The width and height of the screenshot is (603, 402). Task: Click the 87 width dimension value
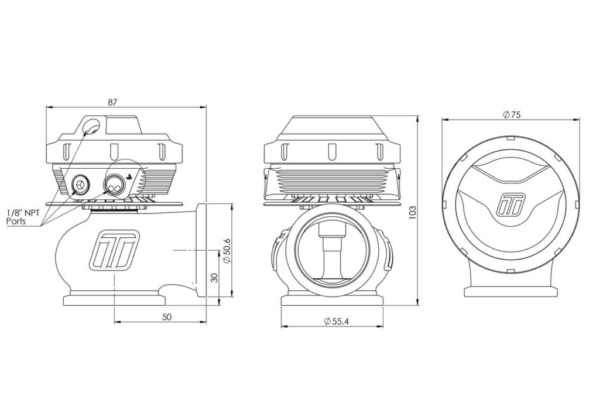(x=112, y=103)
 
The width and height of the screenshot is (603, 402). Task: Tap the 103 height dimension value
(x=413, y=213)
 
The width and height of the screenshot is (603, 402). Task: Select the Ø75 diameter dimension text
(x=512, y=114)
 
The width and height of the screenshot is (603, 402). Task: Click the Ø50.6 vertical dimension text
(x=227, y=251)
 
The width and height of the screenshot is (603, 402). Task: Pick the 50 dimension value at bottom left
(x=166, y=317)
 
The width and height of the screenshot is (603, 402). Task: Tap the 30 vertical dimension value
(x=215, y=278)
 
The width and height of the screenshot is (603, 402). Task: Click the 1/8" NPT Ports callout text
(x=23, y=217)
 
